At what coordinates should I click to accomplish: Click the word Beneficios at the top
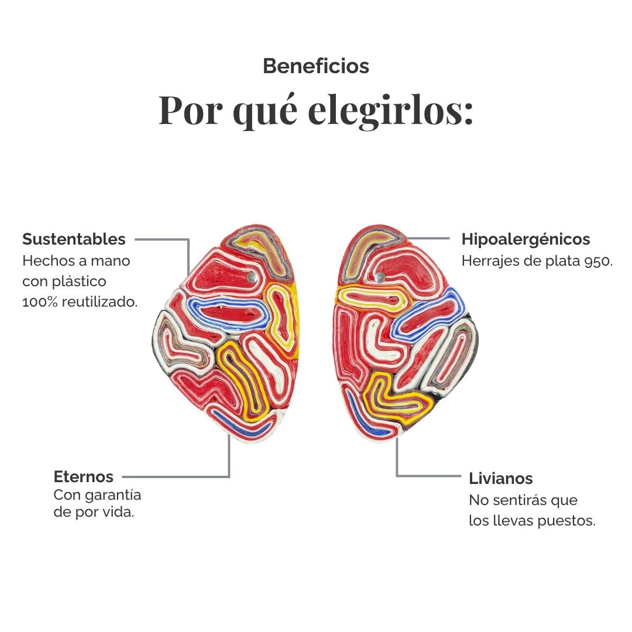click(x=316, y=66)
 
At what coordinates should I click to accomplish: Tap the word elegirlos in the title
click(x=390, y=111)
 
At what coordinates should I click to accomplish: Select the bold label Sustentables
click(x=74, y=239)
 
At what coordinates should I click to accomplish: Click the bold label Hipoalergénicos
click(x=525, y=239)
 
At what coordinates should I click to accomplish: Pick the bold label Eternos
click(x=84, y=477)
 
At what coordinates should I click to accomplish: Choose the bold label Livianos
click(x=500, y=479)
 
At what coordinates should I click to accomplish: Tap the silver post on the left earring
click(x=252, y=276)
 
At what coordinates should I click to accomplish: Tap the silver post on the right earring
click(x=379, y=277)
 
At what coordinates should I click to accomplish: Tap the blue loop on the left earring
click(x=229, y=314)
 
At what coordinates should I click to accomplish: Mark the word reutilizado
click(x=99, y=301)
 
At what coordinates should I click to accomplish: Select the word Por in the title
click(x=190, y=111)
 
